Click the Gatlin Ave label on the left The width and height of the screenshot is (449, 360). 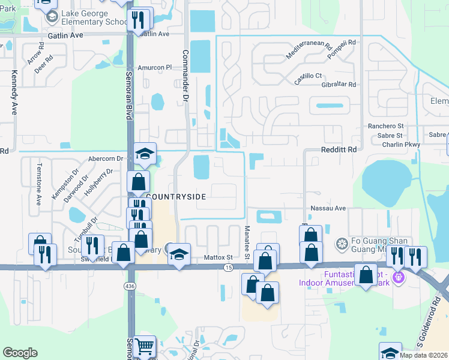[x=64, y=36]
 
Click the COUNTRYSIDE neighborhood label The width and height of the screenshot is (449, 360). [x=176, y=197]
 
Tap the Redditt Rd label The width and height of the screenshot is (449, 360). [x=339, y=149]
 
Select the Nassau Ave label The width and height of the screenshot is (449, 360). [x=328, y=208]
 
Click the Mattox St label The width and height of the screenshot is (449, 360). [x=218, y=257]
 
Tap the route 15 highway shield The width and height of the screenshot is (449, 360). [x=228, y=267]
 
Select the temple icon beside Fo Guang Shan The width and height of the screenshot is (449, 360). [x=342, y=243]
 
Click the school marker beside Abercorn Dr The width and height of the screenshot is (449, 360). [x=145, y=154]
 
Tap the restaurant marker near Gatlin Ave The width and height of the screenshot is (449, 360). [x=139, y=19]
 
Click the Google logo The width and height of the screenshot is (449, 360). [x=20, y=353]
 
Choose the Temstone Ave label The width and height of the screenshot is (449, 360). [x=38, y=184]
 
